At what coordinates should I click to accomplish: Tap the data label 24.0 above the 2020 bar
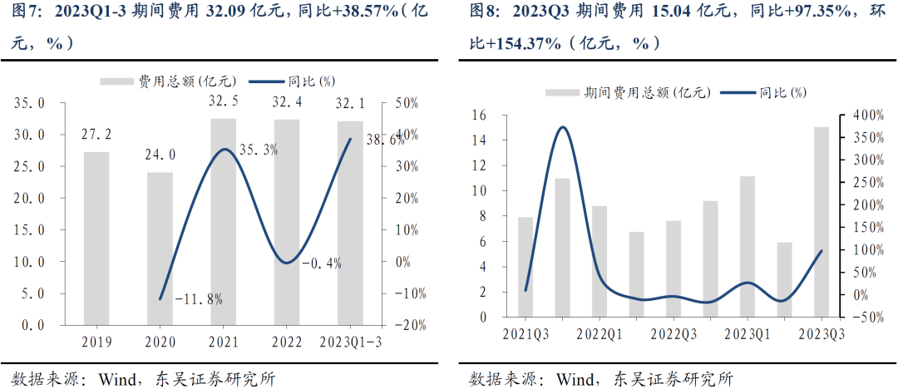coord(160,155)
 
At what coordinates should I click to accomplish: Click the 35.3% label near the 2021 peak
coord(259,150)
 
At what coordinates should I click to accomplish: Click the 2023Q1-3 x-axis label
coord(350,342)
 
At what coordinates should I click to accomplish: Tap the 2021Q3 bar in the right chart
coord(525,266)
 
